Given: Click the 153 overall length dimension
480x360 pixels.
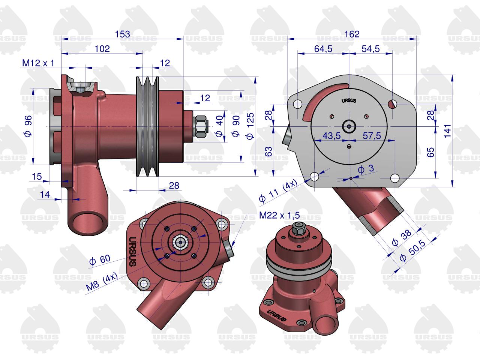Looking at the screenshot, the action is pyautogui.click(x=123, y=34).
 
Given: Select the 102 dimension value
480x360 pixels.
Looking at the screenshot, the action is pyautogui.click(x=102, y=49).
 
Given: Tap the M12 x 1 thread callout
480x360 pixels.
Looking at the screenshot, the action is pyautogui.click(x=38, y=63).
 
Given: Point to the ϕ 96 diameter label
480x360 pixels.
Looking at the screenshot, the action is pyautogui.click(x=28, y=126).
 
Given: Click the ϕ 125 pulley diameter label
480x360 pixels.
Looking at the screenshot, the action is pyautogui.click(x=250, y=126).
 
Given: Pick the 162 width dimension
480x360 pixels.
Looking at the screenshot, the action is pyautogui.click(x=352, y=34).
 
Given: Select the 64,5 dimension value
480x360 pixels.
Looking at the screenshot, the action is pyautogui.click(x=323, y=49).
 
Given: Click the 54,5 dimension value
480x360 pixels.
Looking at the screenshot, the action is pyautogui.click(x=370, y=49).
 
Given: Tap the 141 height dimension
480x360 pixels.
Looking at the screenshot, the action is pyautogui.click(x=447, y=131).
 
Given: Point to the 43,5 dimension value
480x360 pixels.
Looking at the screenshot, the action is pyautogui.click(x=331, y=136).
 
